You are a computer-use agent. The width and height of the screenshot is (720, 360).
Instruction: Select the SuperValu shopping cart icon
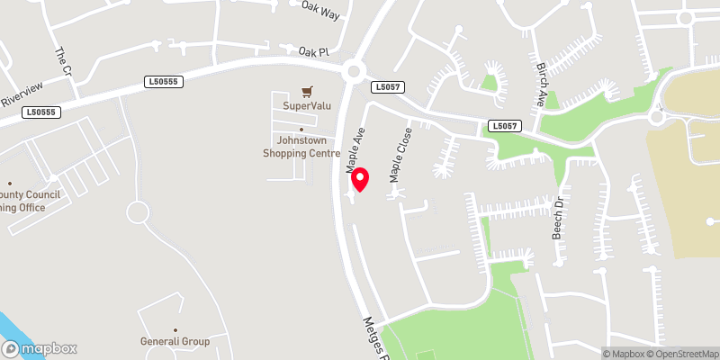coord(308,91)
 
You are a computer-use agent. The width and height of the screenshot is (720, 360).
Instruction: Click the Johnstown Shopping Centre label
coord(301,146)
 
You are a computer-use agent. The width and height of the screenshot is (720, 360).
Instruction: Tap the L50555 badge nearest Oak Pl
coord(163,82)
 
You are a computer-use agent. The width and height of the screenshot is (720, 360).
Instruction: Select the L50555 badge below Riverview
coord(41,112)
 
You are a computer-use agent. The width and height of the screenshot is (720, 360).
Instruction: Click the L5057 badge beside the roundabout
coord(387,86)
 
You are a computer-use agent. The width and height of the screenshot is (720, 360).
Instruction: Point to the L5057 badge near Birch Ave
coord(505,127)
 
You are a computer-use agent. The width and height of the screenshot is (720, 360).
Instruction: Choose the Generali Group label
coord(175,342)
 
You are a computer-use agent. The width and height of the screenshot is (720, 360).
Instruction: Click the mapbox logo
coord(39,348)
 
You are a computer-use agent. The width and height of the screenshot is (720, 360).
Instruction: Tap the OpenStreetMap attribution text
coord(682,354)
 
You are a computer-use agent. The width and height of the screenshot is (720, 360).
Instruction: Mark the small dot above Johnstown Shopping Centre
coord(301,130)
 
